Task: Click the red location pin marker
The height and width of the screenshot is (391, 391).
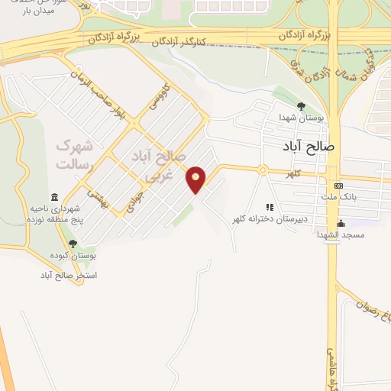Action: click(196, 179)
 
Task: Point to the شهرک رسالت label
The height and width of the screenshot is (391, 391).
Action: click(73, 154)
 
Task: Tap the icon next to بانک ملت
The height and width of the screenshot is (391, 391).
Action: click(339, 186)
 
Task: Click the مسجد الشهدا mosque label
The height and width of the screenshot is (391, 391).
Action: click(342, 235)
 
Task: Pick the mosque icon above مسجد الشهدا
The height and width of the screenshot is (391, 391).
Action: click(341, 224)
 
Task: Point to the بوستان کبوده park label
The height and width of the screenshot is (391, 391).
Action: click(71, 256)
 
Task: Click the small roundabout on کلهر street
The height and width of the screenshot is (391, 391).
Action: click(263, 170)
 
